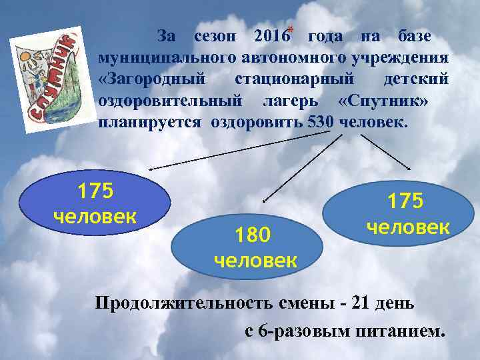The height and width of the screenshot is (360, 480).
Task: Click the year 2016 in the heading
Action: tap(266, 35)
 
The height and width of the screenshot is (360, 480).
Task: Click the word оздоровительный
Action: tap(169, 101)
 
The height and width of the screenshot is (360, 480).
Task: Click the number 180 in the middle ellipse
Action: tap(254, 235)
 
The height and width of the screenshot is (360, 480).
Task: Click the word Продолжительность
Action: tap(183, 304)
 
